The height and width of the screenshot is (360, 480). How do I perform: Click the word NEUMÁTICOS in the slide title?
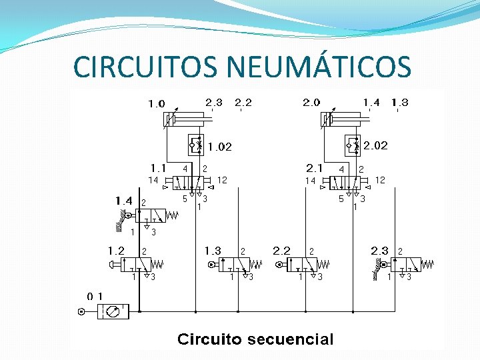pyautogui.click(x=319, y=67)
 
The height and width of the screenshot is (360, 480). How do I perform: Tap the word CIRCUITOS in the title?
pyautogui.click(x=147, y=67)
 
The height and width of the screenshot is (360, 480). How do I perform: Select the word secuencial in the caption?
pyautogui.click(x=291, y=339)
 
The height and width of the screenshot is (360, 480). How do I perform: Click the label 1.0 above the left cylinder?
pyautogui.click(x=157, y=104)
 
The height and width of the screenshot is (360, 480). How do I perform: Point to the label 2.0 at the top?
pyautogui.click(x=311, y=103)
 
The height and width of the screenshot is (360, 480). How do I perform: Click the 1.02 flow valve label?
pyautogui.click(x=219, y=147)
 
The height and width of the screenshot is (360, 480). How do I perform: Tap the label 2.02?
pyautogui.click(x=375, y=145)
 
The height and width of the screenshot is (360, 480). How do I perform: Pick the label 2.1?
pyautogui.click(x=314, y=167)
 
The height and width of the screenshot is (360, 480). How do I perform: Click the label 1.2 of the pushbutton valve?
pyautogui.click(x=116, y=251)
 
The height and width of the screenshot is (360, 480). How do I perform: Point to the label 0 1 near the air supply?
pyautogui.click(x=95, y=295)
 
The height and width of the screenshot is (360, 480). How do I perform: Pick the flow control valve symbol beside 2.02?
pyautogui.click(x=352, y=144)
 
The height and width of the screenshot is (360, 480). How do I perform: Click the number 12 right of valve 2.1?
pyautogui.click(x=380, y=180)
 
